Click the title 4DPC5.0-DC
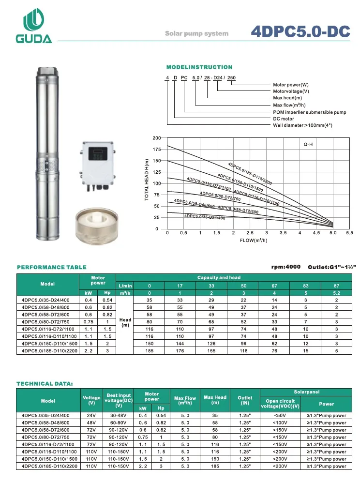pyautogui.click(x=300, y=31)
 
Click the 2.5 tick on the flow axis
pyautogui.click(x=250, y=233)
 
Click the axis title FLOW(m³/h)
pyautogui.click(x=254, y=240)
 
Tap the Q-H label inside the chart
pyautogui.click(x=309, y=144)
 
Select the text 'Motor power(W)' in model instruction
pyautogui.click(x=291, y=85)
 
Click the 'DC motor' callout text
pyautogui.click(x=284, y=119)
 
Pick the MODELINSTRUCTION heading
pyautogui.click(x=199, y=67)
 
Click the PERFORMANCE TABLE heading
pyautogui.click(x=52, y=267)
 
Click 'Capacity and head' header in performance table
pyautogui.click(x=219, y=278)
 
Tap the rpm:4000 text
pyautogui.click(x=286, y=267)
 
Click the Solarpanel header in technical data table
pyautogui.click(x=305, y=391)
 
